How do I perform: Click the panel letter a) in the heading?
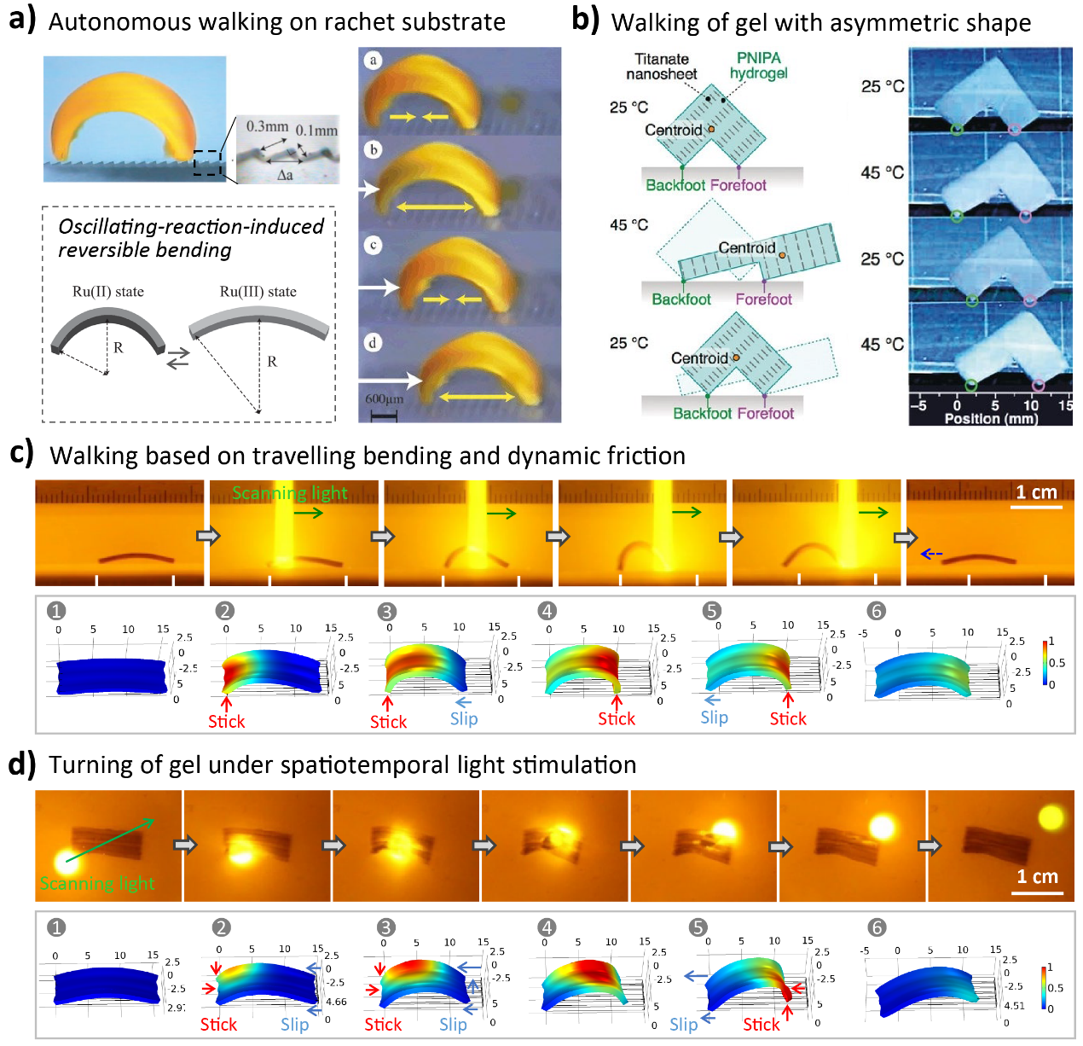pos(22,19)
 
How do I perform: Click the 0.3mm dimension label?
pos(267,127)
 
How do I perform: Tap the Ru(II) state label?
pos(108,292)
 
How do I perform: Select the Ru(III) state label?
pos(258,292)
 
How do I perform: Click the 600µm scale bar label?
pos(384,399)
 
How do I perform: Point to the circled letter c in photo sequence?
pos(373,245)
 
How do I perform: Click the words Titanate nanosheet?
pos(661,67)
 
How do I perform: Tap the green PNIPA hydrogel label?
pos(758,66)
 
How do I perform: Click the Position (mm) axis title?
pos(991,419)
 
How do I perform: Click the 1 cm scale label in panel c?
pos(1036,492)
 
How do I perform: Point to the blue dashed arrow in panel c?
pos(931,554)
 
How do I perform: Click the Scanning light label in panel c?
pos(289,493)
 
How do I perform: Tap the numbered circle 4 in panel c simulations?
pos(547,610)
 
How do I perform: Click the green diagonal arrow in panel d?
pos(110,840)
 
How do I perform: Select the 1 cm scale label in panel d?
pos(1037,877)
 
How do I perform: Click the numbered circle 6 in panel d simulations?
pos(877,927)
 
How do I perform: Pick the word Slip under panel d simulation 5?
pos(684,1024)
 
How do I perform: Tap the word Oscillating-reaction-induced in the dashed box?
pos(191,227)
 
